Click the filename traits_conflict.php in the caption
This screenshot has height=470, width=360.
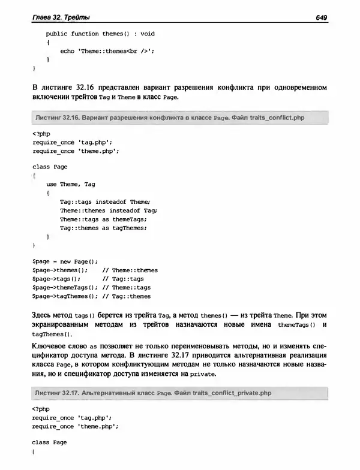tap(275, 117)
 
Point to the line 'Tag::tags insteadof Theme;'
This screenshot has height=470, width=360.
tap(104, 201)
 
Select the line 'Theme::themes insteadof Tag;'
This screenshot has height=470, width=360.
tap(108, 210)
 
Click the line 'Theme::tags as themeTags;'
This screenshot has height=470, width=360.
tap(103, 219)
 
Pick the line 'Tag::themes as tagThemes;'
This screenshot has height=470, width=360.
tap(103, 228)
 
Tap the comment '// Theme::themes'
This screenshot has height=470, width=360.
tap(130, 270)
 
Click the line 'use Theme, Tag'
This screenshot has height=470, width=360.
tap(71, 184)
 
